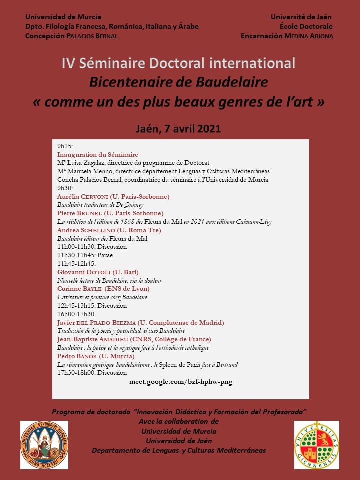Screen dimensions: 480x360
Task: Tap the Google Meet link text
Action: coord(180,382)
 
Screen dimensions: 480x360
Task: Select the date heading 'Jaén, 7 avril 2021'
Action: coord(178,128)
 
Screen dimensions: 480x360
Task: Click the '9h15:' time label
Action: coord(65,146)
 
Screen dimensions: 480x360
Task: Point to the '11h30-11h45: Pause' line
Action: coord(85,255)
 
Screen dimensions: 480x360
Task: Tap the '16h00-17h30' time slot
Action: coord(76,314)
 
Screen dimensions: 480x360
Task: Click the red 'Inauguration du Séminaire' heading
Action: coord(98,155)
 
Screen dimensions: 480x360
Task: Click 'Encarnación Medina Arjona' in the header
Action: coord(287,36)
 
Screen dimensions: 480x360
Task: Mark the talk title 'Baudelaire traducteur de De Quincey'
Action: coord(100,205)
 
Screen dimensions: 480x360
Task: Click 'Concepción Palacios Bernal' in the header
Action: coord(72,36)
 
